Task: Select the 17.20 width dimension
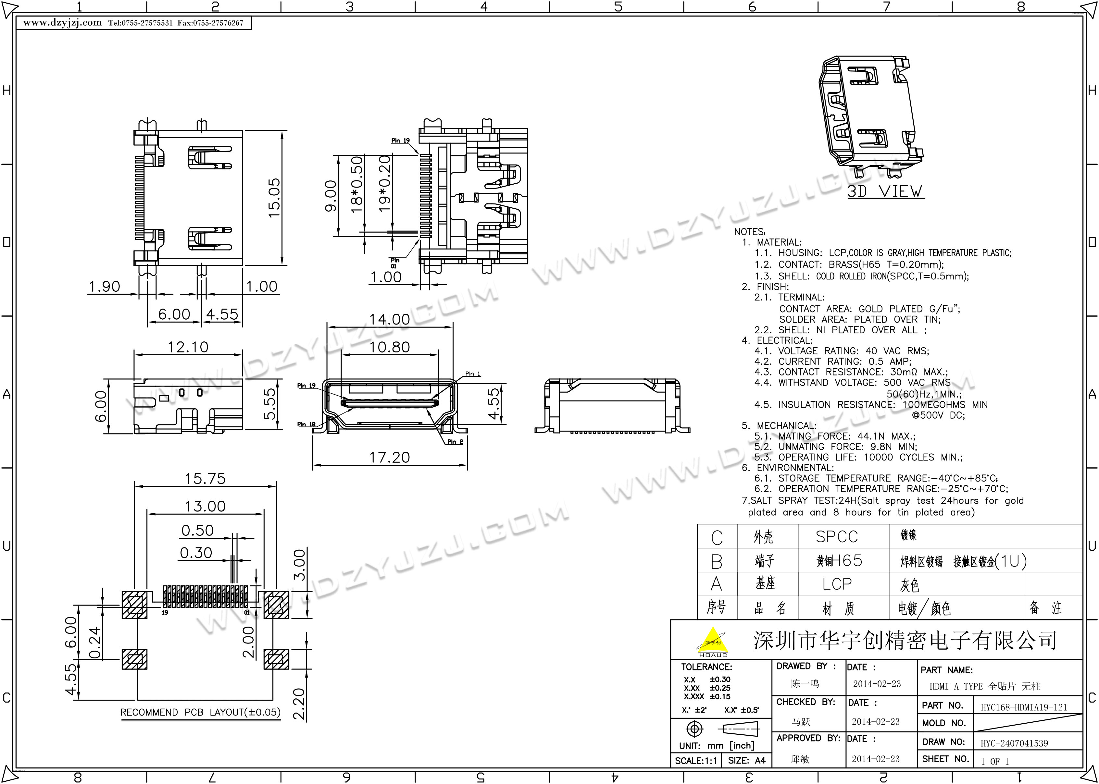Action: tap(390, 457)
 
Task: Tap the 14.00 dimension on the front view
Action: tap(390, 319)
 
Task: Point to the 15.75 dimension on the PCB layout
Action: tap(205, 478)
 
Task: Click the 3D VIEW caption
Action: tap(885, 191)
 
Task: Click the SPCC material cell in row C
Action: tap(837, 536)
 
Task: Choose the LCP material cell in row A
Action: tap(837, 584)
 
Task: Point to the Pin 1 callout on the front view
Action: tap(473, 374)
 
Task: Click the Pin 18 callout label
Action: tap(306, 424)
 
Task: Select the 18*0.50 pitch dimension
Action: tap(356, 184)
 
